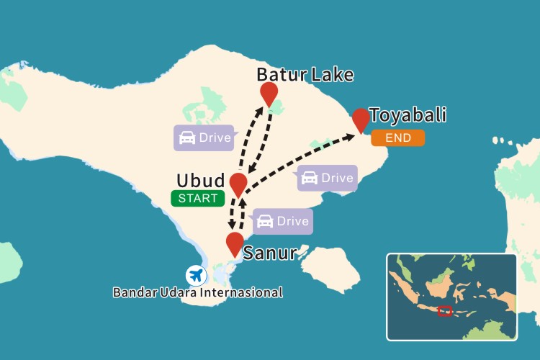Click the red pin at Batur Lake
coord(269,93)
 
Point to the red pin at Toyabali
coord(361,119)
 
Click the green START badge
coord(197,198)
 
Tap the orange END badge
coord(397,138)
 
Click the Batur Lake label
coord(305,75)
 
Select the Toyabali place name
coord(408,115)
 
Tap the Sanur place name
coord(270,253)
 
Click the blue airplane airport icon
coord(195,275)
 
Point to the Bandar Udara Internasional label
coord(198,292)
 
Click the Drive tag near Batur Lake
coord(204,138)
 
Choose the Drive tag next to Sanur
coord(283,221)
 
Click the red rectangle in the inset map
coord(445,311)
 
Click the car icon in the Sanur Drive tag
coord(264,221)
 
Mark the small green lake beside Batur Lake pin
coord(277,107)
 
